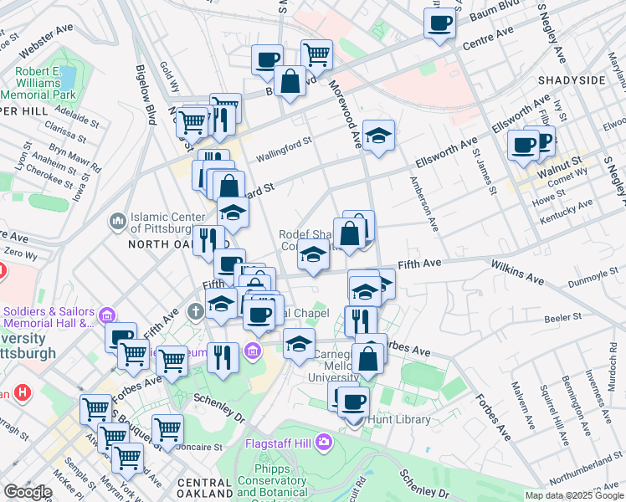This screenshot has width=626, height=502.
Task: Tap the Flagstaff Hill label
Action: tap(280, 443)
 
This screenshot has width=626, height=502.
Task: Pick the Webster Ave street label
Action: tap(38, 35)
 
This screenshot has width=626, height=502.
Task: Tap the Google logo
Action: tap(28, 492)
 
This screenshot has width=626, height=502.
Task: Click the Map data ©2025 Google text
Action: tap(574, 495)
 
